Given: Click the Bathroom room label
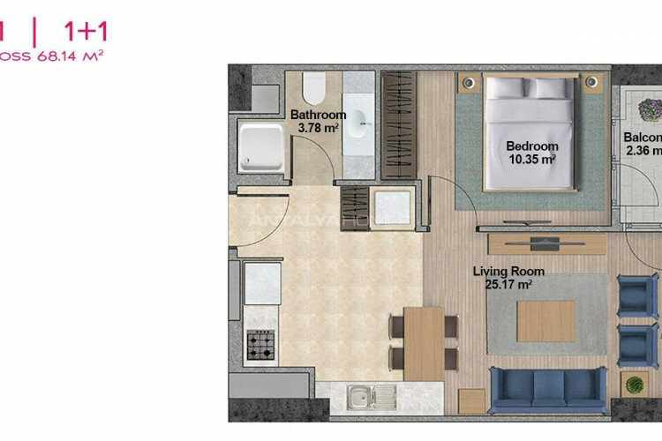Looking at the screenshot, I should pos(318,115).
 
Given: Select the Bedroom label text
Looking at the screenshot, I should pos(532,146).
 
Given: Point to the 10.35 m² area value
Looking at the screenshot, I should pos(532,160).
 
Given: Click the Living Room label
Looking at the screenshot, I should pos(508,272).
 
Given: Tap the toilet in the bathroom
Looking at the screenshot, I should pos(314,88).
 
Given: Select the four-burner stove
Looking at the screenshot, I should pos(261,343).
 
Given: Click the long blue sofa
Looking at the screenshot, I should pos(547,385).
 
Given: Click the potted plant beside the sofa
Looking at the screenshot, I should pos(633,385).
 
